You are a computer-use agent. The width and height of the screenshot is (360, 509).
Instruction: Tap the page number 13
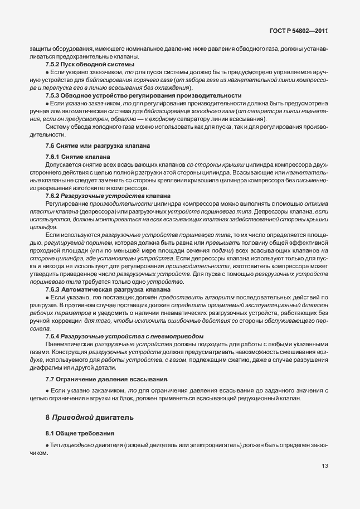pyautogui.click(x=324, y=467)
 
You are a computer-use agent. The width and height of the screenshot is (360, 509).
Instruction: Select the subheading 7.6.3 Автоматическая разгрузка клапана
pyautogui.click(x=111, y=290)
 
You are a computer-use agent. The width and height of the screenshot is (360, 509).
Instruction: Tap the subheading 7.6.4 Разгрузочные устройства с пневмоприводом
pyautogui.click(x=124, y=337)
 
